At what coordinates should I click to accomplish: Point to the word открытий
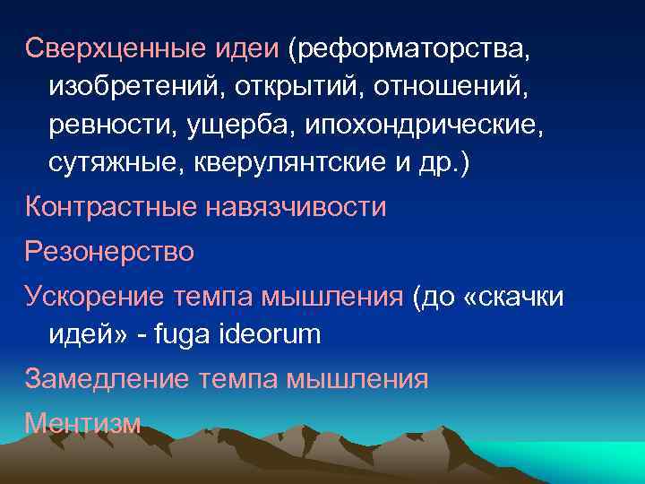pyautogui.click(x=288, y=87)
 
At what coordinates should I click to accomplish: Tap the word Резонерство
pyautogui.click(x=109, y=250)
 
